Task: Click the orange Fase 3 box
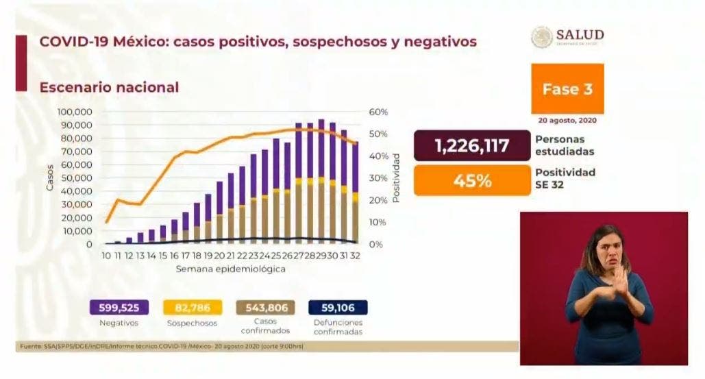click(567, 89)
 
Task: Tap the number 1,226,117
click(472, 146)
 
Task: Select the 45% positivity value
click(472, 181)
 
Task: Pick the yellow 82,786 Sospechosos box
click(190, 308)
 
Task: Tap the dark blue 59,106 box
click(337, 308)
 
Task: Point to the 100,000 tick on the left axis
click(75, 112)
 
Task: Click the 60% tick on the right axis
click(380, 112)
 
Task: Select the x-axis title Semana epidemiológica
click(230, 269)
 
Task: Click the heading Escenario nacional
click(109, 88)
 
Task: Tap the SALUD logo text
click(580, 35)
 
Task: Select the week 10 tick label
click(106, 255)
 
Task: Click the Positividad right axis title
click(396, 177)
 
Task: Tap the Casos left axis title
click(49, 178)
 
